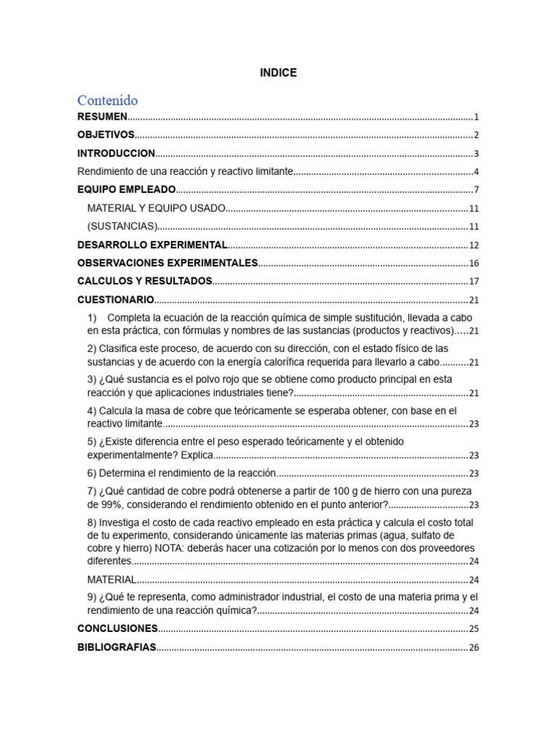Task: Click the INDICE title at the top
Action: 278,73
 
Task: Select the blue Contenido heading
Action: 107,100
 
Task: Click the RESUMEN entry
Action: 102,116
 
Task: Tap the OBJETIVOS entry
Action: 106,135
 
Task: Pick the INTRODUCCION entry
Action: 116,153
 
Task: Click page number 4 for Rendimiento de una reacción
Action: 476,172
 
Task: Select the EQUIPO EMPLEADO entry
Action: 126,189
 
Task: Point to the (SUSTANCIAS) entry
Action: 122,226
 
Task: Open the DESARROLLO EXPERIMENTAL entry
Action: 152,245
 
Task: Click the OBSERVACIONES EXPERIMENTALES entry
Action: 168,263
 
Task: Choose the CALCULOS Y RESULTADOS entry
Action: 144,281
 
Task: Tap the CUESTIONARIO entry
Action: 115,299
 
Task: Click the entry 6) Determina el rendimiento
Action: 182,473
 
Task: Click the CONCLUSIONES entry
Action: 117,628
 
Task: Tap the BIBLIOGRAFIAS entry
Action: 117,647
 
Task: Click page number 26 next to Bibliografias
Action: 474,648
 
